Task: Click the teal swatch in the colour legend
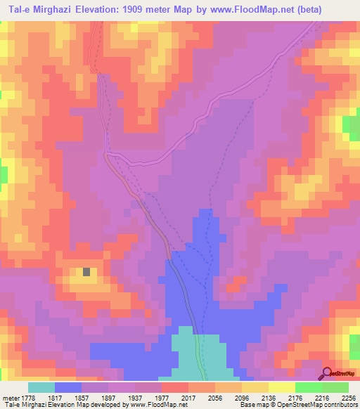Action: click(x=41, y=387)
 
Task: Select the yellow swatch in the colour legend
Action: click(x=282, y=387)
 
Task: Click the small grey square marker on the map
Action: click(x=86, y=272)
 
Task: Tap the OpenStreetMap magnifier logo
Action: click(x=326, y=373)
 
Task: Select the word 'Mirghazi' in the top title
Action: click(x=44, y=9)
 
